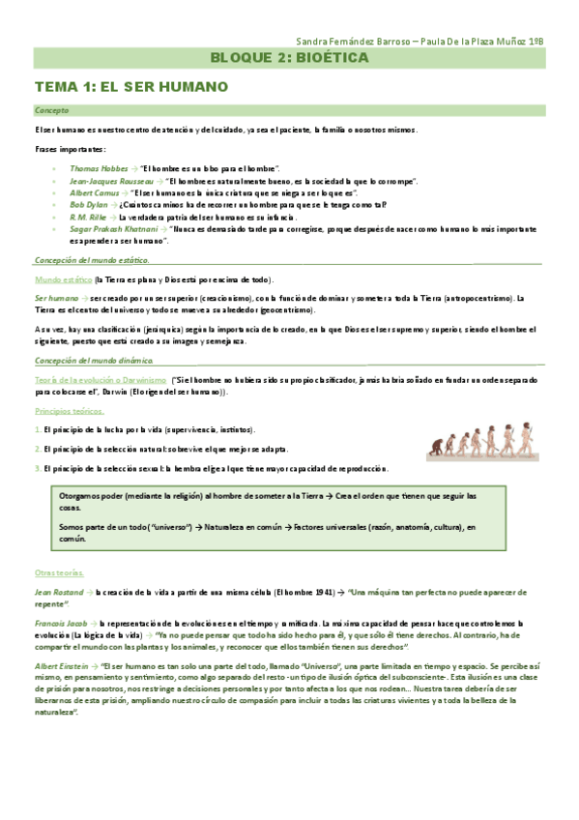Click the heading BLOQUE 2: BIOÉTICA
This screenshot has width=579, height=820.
coord(289,59)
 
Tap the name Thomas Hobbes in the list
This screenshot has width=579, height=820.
coord(98,168)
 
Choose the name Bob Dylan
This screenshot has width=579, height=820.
coord(89,205)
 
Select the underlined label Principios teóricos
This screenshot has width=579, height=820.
coord(70,411)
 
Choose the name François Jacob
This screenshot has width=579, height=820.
coord(60,597)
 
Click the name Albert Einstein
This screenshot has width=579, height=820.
coord(63,640)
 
